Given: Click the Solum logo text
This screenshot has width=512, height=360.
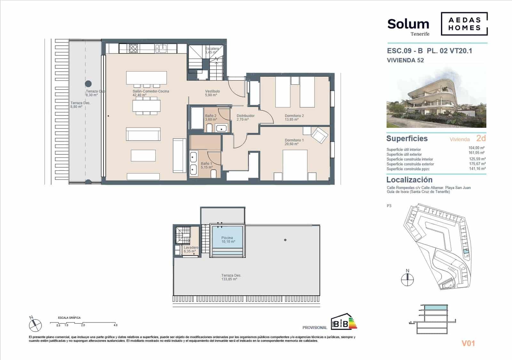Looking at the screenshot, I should click(408, 24).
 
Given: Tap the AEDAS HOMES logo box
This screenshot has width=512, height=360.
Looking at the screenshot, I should click(464, 24).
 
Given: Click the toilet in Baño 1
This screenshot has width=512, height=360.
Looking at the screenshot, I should click(214, 174).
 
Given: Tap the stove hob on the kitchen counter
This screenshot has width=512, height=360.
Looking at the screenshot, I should click(133, 48).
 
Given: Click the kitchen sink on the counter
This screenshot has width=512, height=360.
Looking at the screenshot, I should click(161, 48).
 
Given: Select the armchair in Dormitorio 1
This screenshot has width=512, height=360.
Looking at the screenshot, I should click(319, 135).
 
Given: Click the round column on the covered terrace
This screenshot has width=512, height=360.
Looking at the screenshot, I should click(88, 84).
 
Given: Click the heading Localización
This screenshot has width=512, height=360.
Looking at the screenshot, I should click(409, 180).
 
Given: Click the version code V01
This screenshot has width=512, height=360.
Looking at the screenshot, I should click(468, 343).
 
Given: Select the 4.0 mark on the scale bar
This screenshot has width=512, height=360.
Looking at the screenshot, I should click(115, 325).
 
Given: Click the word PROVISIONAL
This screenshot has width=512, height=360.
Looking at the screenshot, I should click(315, 327).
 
